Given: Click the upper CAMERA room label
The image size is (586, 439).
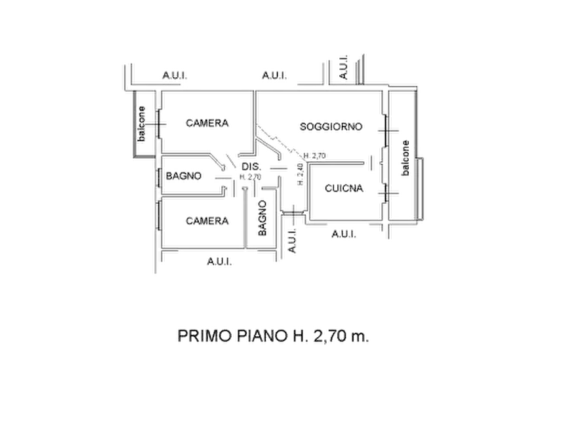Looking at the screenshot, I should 207,123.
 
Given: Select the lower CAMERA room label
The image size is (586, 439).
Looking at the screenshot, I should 207,221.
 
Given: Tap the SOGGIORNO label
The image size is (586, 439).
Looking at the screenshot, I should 331,126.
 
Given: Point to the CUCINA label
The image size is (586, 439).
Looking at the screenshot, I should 344,188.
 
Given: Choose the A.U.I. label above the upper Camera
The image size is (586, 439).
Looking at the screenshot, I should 173,77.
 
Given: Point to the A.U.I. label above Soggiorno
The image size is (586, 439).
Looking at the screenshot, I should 274,77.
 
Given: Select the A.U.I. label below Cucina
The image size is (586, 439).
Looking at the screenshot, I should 343,233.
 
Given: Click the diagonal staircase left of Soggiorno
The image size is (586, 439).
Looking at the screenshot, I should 275,142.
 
